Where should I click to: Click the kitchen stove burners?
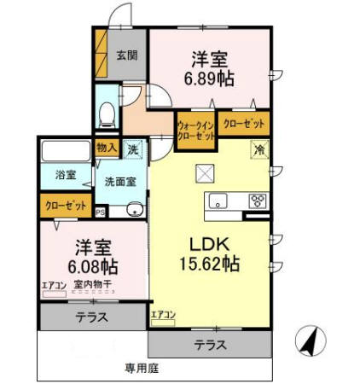[x=255, y=202]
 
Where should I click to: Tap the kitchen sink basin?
[x=218, y=202]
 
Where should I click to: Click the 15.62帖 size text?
[x=208, y=264]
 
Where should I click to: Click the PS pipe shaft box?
[x=100, y=212]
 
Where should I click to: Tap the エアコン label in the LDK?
[x=163, y=314]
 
